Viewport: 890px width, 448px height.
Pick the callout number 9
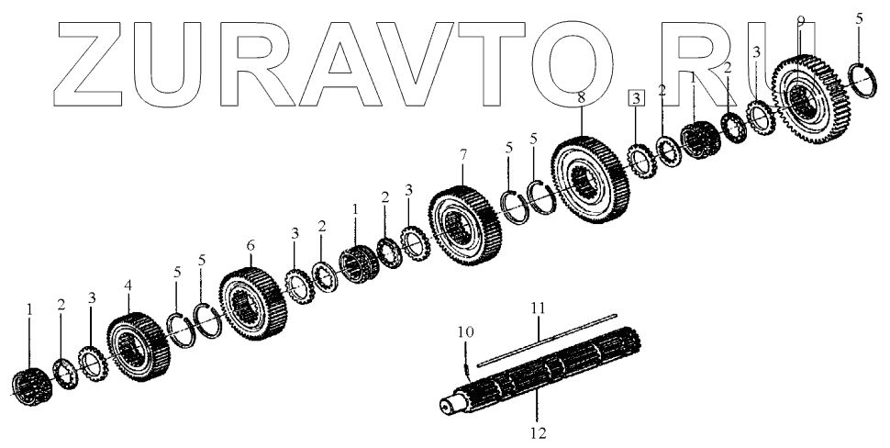point(800,20)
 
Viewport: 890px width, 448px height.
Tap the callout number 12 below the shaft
point(537,428)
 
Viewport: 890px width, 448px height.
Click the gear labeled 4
point(138,350)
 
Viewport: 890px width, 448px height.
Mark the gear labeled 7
point(466,225)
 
